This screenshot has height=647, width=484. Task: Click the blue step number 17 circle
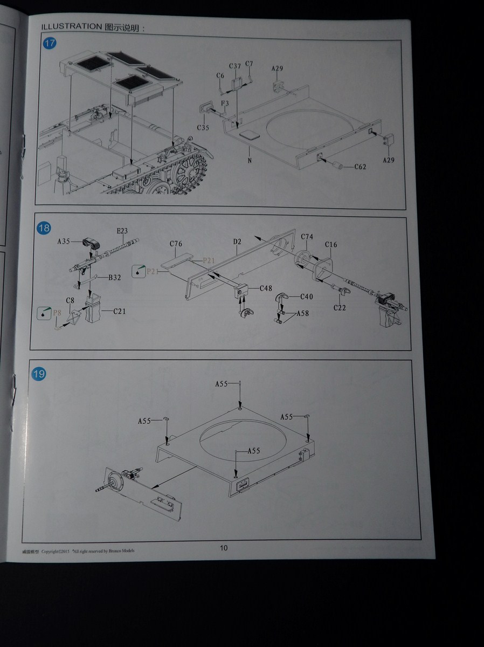(49, 44)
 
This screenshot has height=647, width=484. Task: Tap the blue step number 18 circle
(44, 229)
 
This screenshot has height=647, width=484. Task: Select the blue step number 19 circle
(39, 373)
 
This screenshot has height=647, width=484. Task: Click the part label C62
(360, 167)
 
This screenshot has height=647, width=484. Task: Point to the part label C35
(203, 128)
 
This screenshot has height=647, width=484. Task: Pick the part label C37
(235, 66)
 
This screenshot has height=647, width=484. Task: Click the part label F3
(225, 102)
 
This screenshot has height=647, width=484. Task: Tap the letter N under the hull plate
(250, 161)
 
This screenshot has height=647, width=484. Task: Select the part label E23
(122, 231)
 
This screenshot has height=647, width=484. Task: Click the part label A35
(64, 242)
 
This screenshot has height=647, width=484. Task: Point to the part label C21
(119, 311)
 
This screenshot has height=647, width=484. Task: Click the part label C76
(176, 244)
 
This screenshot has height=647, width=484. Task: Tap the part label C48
(266, 288)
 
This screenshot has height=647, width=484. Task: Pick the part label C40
(306, 297)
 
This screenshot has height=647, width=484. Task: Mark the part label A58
(302, 313)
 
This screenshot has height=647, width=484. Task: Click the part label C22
(339, 308)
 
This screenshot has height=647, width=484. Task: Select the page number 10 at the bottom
(224, 548)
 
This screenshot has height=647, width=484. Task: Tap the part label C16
(330, 245)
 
